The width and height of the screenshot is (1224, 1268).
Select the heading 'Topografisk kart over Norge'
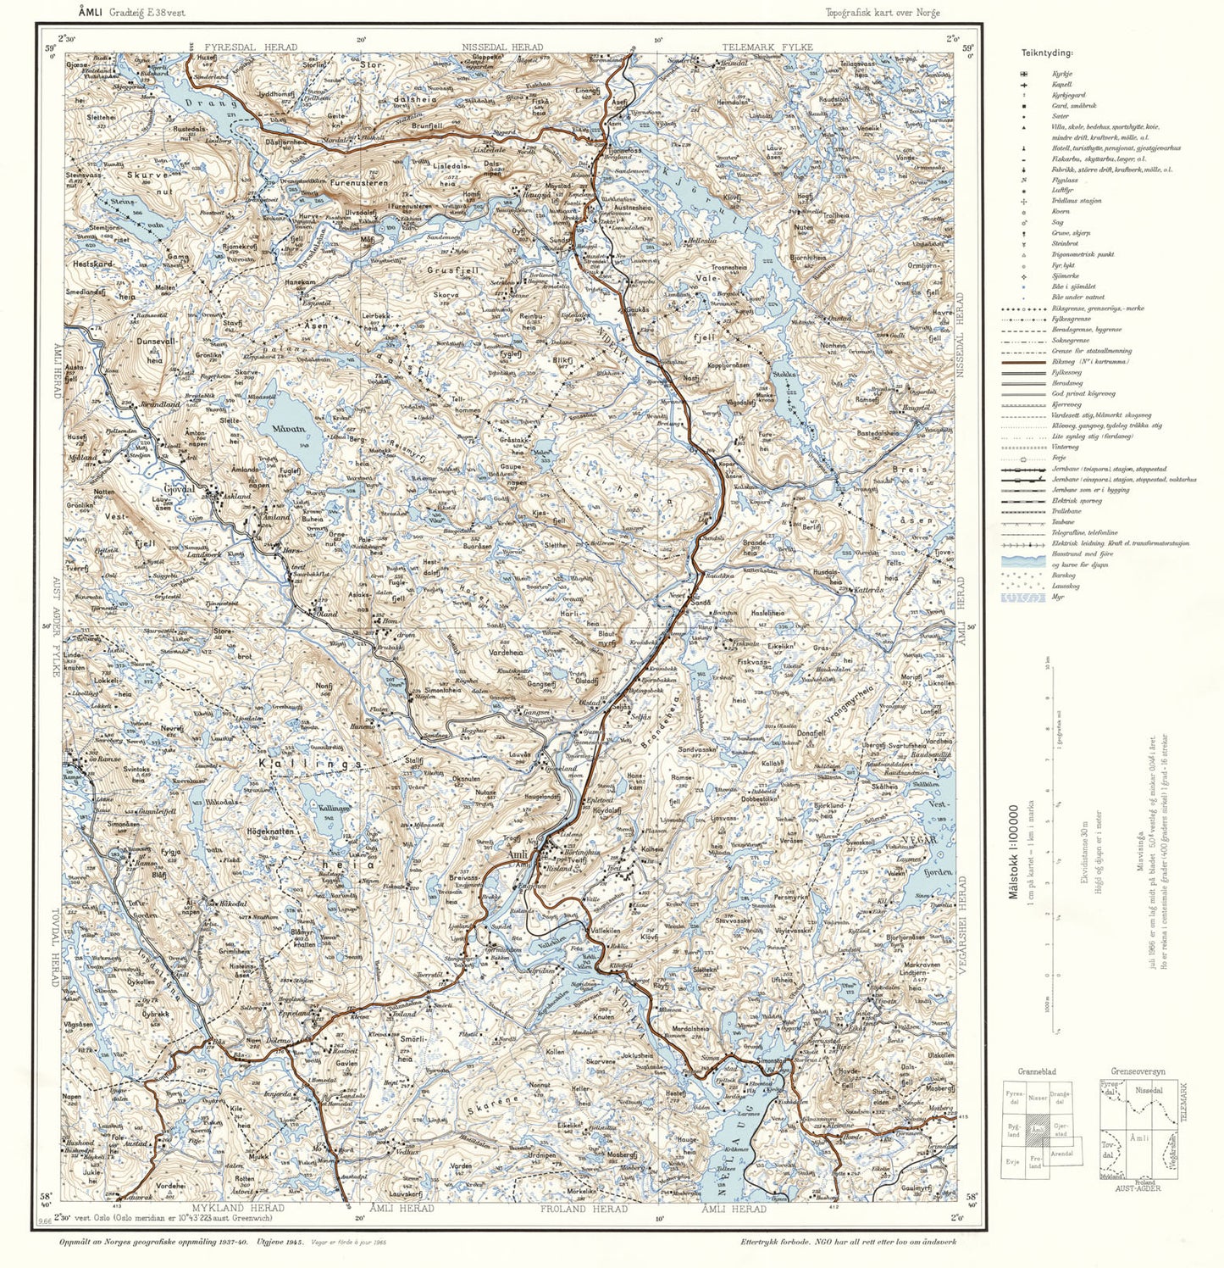(x=883, y=13)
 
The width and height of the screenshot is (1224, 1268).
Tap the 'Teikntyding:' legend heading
(x=1047, y=53)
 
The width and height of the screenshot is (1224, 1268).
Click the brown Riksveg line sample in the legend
(x=1023, y=362)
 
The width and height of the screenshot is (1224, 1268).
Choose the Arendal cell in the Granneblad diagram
(x=1061, y=1154)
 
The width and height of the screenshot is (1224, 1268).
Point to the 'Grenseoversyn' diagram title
(x=1136, y=1071)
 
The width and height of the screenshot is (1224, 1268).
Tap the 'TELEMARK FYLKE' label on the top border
(x=767, y=47)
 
